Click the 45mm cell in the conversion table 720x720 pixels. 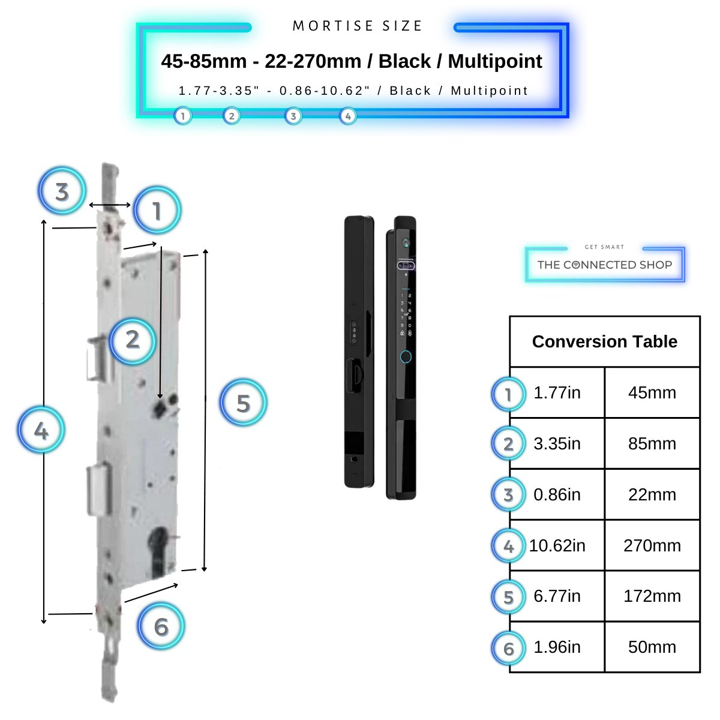point(652,392)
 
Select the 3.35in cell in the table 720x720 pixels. point(557,443)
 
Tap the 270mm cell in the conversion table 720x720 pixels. point(652,545)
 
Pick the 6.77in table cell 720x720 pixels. point(557,596)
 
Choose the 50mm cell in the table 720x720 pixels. point(652,647)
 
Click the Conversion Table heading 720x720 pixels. point(604,341)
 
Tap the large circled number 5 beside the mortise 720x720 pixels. point(243,403)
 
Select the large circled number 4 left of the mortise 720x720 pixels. point(41,430)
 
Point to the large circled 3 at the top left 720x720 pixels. point(62,192)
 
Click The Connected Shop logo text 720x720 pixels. point(604,265)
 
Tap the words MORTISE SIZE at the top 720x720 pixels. point(358,26)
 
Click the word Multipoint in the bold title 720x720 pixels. point(495,61)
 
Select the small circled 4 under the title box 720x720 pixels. point(348,116)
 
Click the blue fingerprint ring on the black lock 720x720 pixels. point(406,357)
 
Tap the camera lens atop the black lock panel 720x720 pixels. point(406,243)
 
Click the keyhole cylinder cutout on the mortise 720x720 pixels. point(161,549)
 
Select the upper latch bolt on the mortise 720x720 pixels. point(96,358)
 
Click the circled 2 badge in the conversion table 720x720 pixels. point(508,444)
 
